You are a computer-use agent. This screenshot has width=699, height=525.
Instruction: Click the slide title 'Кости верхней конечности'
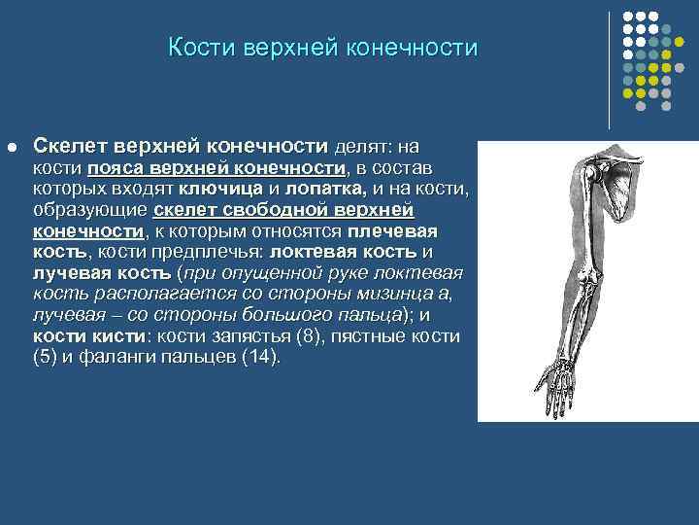322,48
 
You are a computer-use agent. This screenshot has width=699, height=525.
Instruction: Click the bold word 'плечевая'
393,231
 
